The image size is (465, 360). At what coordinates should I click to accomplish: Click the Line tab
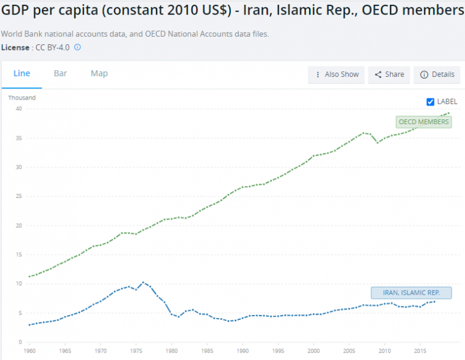point(22,73)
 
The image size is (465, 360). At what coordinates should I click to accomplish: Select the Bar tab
point(60,73)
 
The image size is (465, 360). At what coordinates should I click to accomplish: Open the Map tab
point(99,73)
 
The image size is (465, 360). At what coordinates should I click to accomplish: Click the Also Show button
point(337,74)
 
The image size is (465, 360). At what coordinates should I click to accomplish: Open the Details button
point(437,74)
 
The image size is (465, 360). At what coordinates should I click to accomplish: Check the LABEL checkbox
point(430,101)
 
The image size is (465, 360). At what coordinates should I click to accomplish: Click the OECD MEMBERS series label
point(424,122)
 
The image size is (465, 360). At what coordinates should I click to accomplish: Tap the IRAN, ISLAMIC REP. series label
point(411,293)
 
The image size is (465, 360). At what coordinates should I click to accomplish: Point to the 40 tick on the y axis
point(19,109)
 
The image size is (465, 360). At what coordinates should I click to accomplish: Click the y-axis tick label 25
point(19,196)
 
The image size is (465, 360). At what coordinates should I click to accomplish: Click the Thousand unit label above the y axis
point(22,98)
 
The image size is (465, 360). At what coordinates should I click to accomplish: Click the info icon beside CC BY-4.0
point(77,47)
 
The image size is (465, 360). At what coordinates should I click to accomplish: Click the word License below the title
point(14,47)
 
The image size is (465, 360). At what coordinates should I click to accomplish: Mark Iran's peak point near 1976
point(143,282)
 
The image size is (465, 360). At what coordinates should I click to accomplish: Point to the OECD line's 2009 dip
point(377,143)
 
